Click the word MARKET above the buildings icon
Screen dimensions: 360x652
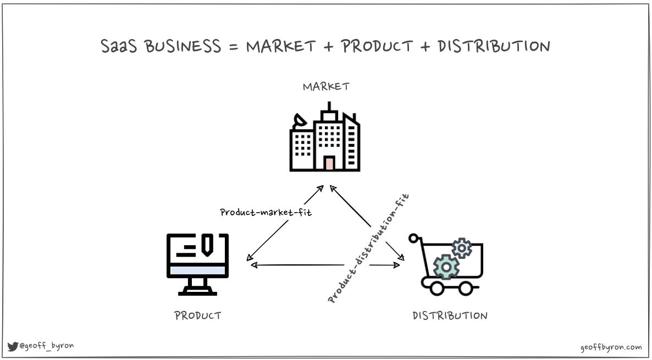tap(326, 87)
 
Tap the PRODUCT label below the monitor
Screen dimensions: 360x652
tap(198, 315)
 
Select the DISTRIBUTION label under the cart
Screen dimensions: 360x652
tap(450, 315)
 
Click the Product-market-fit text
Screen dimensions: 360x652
tap(266, 212)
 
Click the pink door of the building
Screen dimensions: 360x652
tap(329, 163)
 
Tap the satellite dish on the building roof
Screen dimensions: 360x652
tap(300, 120)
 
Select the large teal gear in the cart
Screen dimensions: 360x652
tap(446, 267)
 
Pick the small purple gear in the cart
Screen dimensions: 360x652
tap(462, 248)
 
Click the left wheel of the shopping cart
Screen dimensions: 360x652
tap(437, 287)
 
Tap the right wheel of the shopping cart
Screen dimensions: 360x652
tap(466, 287)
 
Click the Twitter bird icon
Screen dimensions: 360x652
tap(13, 346)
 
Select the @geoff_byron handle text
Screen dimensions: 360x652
tap(46, 346)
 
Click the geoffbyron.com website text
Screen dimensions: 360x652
tap(611, 347)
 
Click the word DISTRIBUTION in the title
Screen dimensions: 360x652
tap(494, 46)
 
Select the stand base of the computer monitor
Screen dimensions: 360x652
tap(197, 292)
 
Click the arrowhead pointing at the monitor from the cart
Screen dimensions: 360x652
tap(253, 265)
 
